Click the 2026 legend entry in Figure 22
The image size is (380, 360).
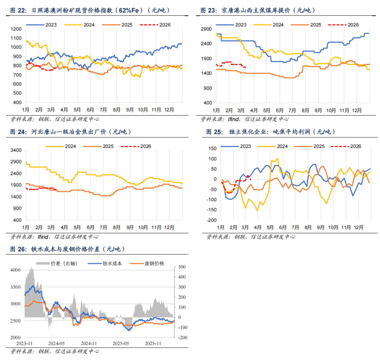[165, 25]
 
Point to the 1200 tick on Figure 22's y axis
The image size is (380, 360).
[17, 29]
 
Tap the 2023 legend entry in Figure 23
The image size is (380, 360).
[240, 25]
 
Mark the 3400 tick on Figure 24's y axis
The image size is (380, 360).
[17, 150]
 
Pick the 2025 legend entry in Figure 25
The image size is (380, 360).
[319, 146]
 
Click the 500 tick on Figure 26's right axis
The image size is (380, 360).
[182, 267]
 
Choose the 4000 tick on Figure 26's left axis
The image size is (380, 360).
[17, 270]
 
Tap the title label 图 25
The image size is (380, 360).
[214, 132]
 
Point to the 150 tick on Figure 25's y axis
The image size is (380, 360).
[212, 148]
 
